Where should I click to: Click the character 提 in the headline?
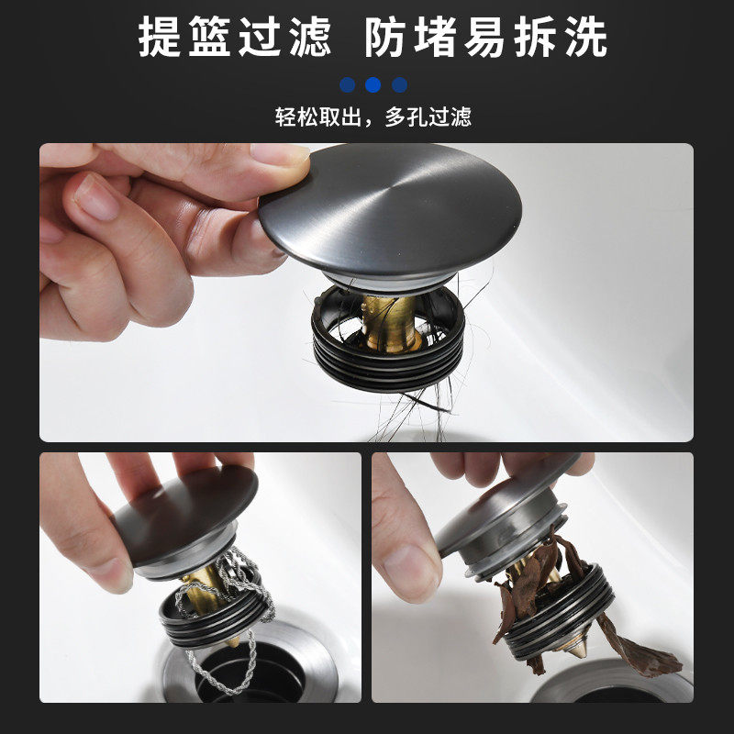(x=159, y=39)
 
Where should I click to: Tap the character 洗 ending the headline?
(x=584, y=39)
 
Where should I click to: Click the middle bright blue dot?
(x=373, y=85)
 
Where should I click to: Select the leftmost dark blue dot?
(x=347, y=85)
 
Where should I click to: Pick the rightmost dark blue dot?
(x=399, y=85)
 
